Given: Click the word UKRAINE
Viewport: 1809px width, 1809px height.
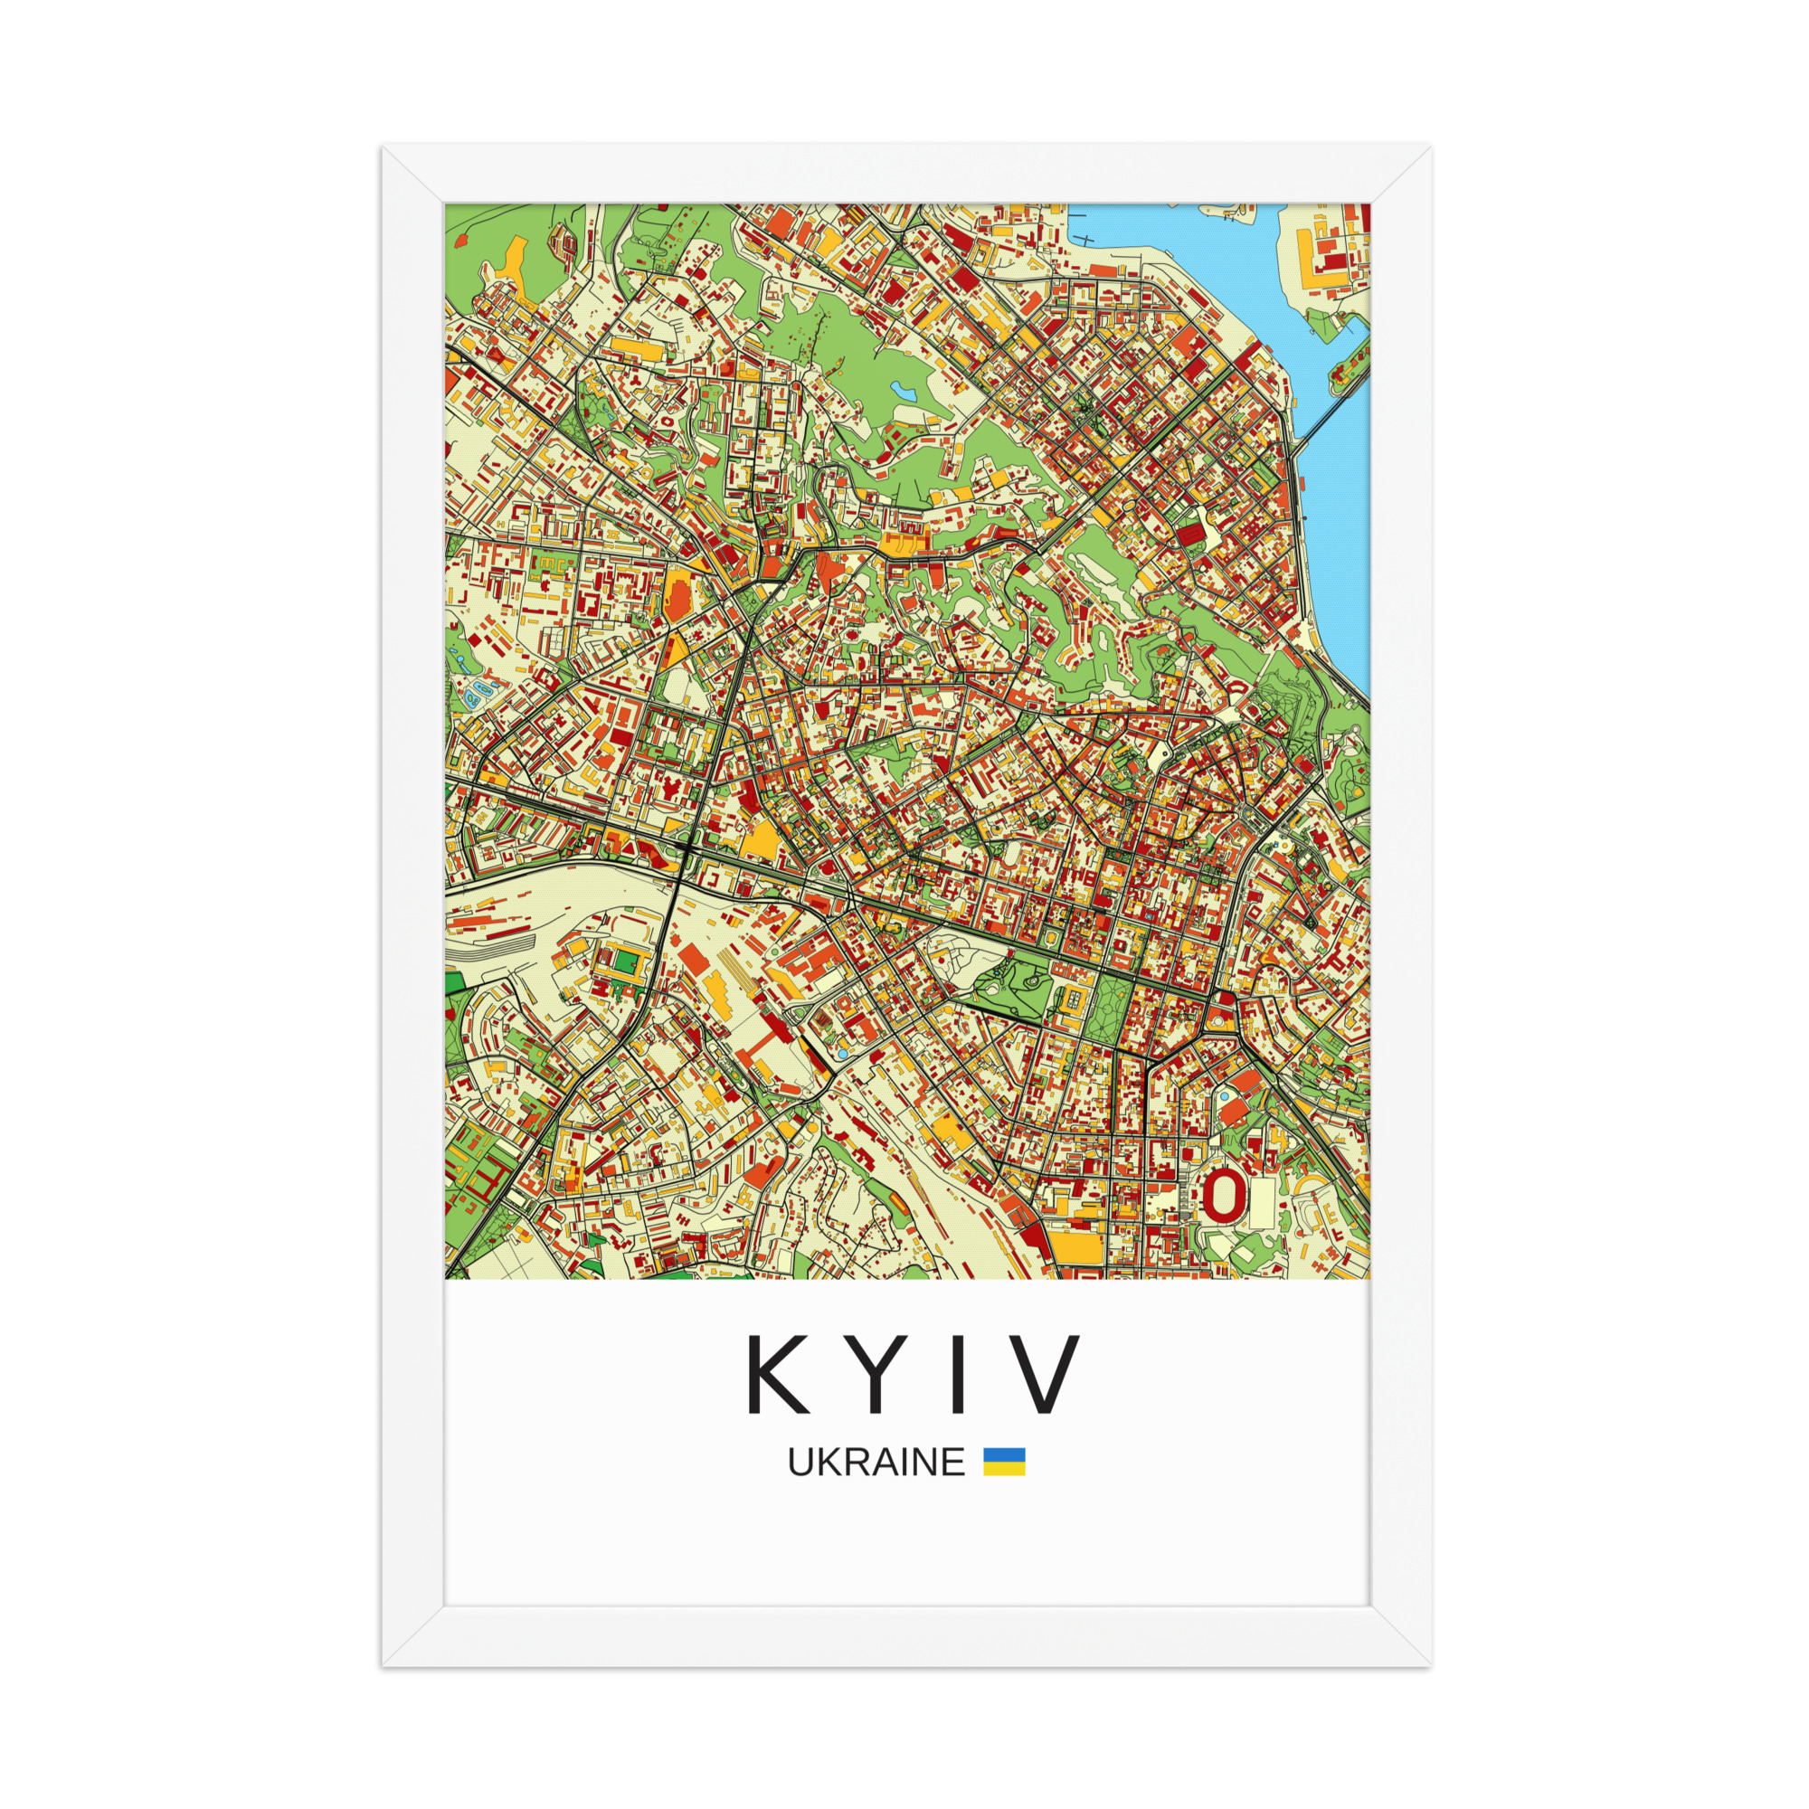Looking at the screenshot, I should click(876, 1462).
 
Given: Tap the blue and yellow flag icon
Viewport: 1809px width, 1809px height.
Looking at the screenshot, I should click(1004, 1462).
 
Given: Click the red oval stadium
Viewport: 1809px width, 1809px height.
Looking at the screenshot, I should click(1225, 1195).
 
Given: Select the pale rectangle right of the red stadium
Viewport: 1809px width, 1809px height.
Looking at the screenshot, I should click(1261, 1202).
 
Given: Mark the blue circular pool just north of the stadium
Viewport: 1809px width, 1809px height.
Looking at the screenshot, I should click(1224, 1096).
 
